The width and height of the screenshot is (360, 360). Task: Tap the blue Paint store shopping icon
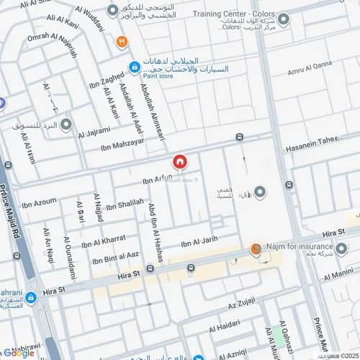click(x=134, y=68)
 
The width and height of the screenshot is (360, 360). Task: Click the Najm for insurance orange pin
click(x=256, y=250)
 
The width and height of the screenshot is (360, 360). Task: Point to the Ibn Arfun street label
click(x=159, y=177)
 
